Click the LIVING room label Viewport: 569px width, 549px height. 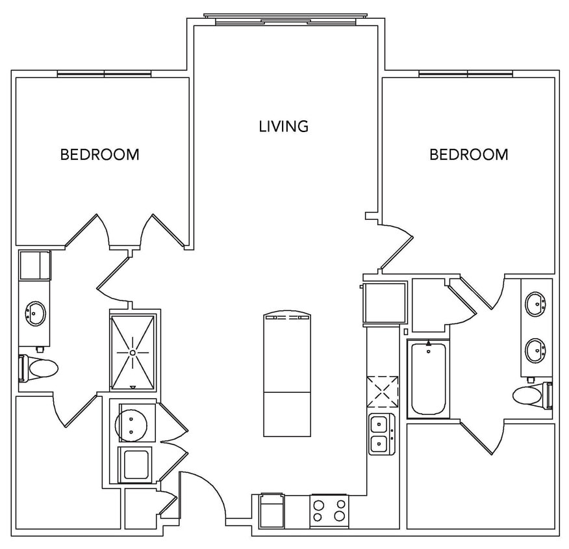283,126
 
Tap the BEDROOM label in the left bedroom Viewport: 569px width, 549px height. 99,155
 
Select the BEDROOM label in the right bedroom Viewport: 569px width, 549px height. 468,155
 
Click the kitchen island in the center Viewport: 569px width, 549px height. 288,375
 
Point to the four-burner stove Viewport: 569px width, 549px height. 329,511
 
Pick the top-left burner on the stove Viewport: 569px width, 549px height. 319,503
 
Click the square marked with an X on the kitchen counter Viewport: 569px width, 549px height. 381,391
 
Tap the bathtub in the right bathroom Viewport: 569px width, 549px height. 429,379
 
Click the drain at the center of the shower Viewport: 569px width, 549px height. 133,352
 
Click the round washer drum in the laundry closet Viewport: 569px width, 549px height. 135,423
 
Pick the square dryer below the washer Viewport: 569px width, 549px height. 136,464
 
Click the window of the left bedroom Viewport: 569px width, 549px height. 104,74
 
